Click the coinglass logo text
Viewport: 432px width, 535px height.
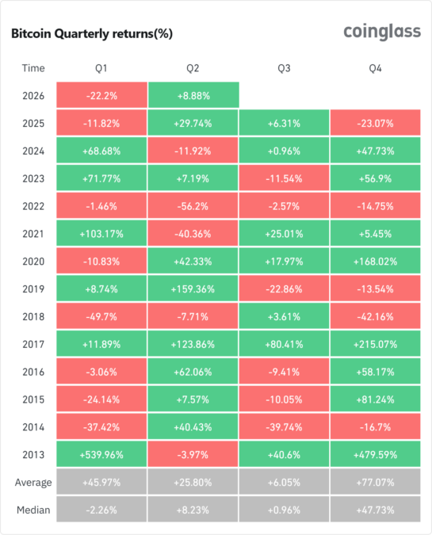click(381, 32)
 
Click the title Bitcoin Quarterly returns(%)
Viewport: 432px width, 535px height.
click(91, 34)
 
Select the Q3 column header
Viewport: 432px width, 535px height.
click(285, 68)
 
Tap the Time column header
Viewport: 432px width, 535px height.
click(34, 68)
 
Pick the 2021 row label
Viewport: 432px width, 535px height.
click(34, 233)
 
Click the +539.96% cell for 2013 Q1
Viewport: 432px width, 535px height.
click(101, 454)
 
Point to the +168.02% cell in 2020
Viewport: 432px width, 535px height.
click(376, 261)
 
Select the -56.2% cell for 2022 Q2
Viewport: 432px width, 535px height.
click(193, 205)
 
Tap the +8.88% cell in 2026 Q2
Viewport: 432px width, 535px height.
click(193, 95)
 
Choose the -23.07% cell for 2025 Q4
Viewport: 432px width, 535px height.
click(376, 123)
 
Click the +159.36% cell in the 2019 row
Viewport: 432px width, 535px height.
click(193, 289)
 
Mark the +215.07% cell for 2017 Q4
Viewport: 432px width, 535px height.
click(376, 344)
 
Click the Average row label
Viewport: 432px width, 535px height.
click(34, 482)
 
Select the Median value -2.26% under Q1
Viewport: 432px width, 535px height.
click(101, 510)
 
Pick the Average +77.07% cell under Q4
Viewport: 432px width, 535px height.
click(376, 482)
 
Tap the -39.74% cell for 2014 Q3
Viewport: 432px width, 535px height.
click(285, 426)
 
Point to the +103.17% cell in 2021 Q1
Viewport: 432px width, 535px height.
click(101, 233)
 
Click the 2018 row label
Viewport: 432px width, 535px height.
click(34, 316)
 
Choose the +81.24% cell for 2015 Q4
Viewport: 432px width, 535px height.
click(376, 399)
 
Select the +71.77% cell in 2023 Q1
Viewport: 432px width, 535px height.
click(101, 178)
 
